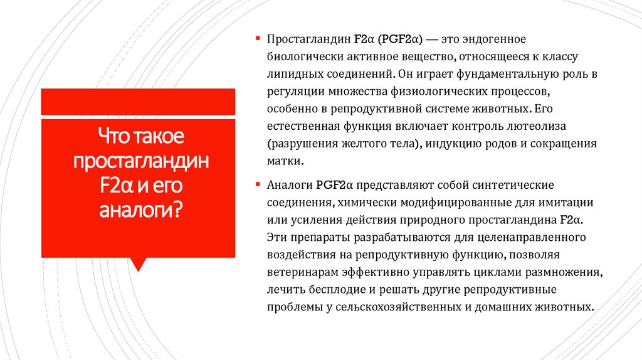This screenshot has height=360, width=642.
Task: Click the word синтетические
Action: point(513,186)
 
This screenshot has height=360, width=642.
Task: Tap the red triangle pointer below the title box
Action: point(138,264)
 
